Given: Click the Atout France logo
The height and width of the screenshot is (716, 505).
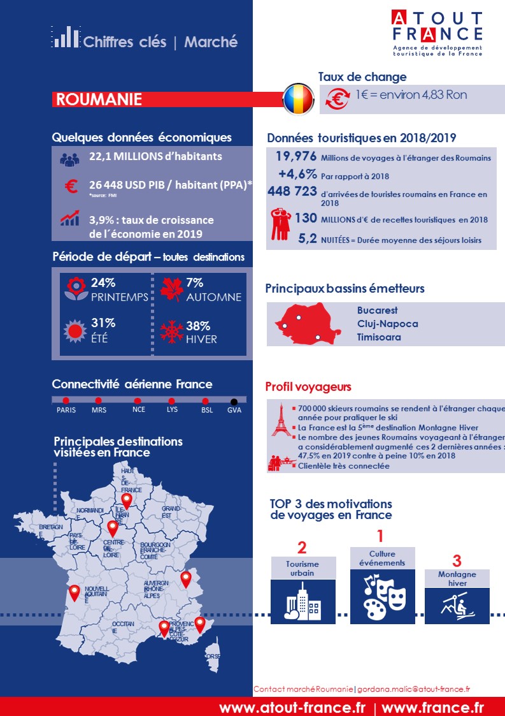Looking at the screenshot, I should point(437,33).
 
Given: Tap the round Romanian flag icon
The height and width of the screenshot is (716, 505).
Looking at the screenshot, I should point(299,99).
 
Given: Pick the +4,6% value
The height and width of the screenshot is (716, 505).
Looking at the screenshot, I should point(297,174).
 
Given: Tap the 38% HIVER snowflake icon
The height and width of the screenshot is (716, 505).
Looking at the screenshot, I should point(172,333).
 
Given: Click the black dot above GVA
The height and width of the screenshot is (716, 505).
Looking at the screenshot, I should point(234,402).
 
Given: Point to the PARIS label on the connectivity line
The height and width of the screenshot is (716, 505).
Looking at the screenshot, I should point(66,410).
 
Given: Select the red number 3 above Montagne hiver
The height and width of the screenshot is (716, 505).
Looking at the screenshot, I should point(456,561).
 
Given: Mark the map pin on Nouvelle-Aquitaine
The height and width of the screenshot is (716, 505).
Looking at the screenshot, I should point(75,592).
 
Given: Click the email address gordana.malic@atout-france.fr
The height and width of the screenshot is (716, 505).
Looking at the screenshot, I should point(413,689).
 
